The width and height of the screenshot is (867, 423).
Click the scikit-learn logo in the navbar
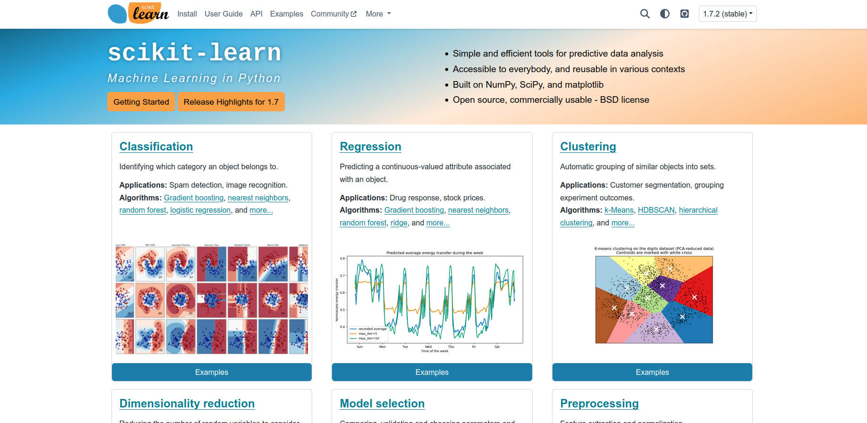138,14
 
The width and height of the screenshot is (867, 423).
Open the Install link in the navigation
187,14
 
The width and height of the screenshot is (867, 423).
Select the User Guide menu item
223,14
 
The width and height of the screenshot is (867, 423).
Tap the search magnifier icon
645,14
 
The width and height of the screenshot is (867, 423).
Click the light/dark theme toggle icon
664,14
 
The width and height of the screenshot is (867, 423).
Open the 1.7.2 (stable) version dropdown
727,14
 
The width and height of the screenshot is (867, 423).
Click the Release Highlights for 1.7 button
231,102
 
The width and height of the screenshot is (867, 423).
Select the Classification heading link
156,147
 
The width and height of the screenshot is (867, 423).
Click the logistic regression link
200,210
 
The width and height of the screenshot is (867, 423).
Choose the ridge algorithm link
399,223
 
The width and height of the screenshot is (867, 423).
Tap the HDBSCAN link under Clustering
656,210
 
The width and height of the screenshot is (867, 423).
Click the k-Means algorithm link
619,210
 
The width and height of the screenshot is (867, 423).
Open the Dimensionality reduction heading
187,404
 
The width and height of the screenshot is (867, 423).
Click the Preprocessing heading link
599,404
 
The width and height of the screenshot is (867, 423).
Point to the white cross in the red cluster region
694,297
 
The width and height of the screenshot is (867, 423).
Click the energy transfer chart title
434,253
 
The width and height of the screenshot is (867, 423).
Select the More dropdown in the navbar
378,14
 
